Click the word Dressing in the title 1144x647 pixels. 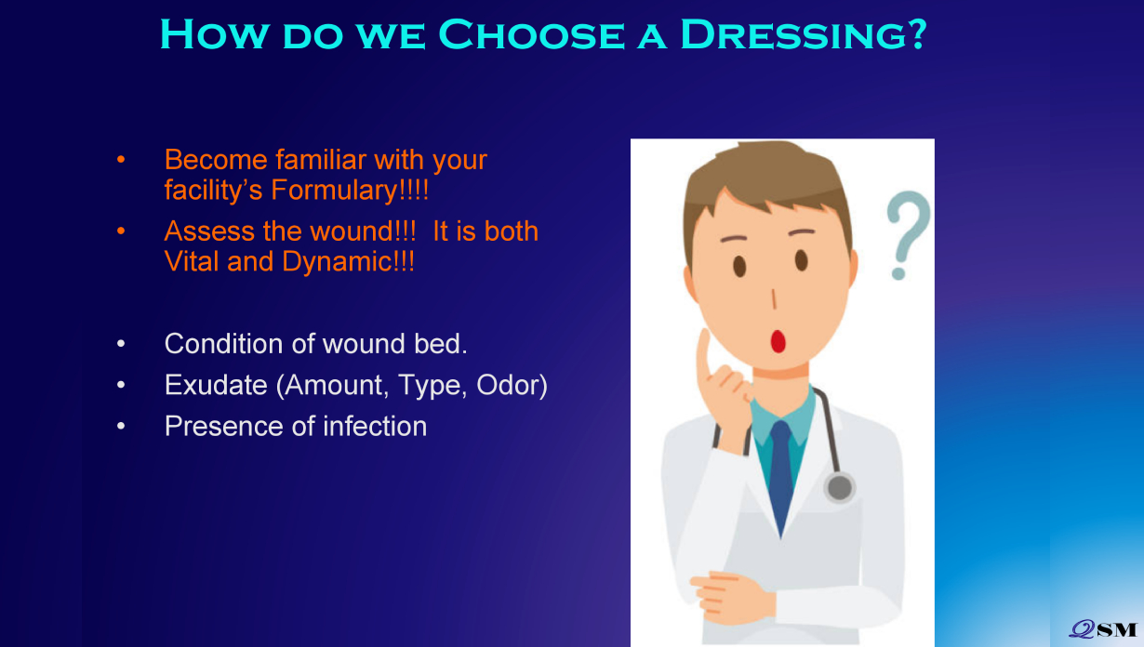pos(803,34)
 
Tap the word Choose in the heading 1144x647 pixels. pos(531,34)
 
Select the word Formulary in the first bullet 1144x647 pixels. pos(350,191)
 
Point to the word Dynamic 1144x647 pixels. pos(348,262)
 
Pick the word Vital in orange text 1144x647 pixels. pos(191,261)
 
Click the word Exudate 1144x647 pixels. pos(216,385)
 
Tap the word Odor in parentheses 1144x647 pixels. pos(512,385)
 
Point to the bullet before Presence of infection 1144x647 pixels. pos(121,426)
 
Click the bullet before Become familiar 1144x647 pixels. pos(121,160)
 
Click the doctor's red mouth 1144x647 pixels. pos(778,341)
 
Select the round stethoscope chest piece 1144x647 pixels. pos(839,487)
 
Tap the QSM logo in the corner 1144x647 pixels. pos(1103,628)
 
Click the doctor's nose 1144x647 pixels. pos(774,298)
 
